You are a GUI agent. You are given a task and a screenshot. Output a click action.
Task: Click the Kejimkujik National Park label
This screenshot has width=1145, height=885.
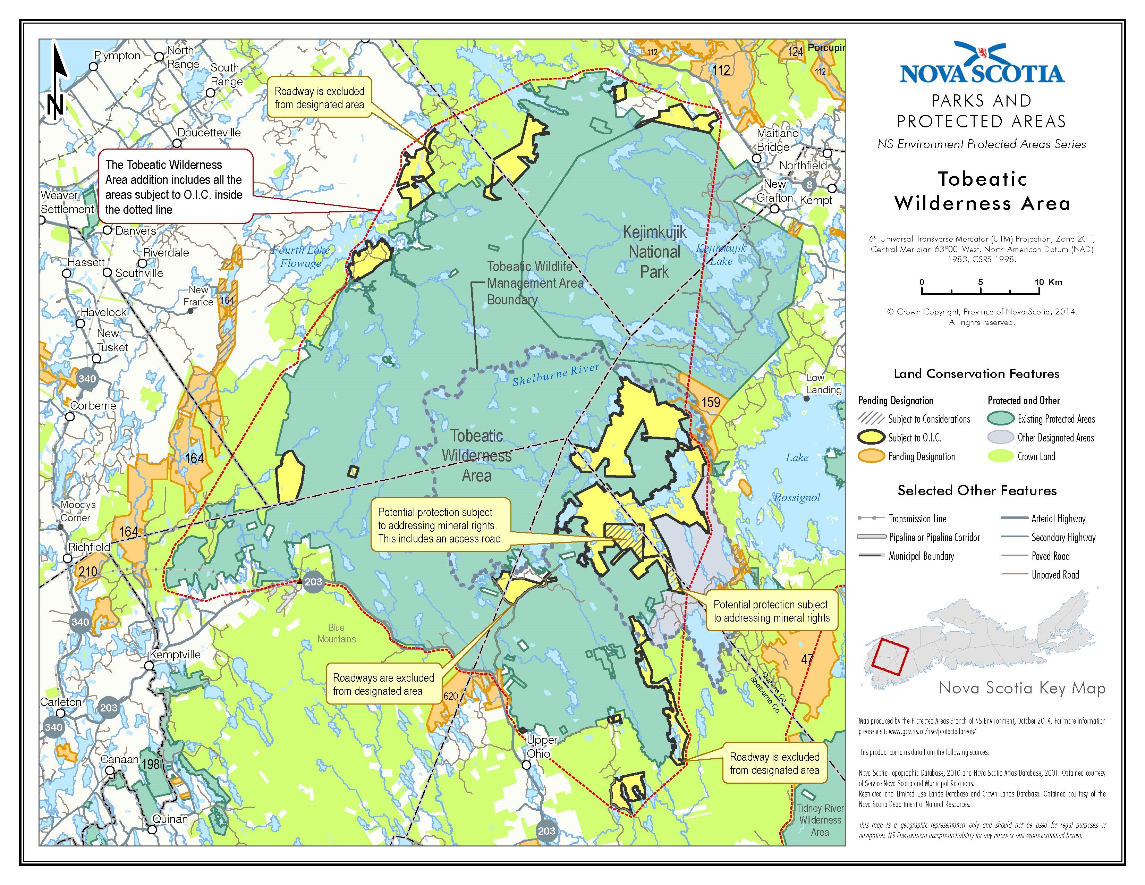[654, 252]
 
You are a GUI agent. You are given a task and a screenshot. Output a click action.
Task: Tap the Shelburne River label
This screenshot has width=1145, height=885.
[556, 374]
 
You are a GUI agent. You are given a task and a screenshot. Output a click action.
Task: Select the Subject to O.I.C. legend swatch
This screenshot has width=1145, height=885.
[871, 437]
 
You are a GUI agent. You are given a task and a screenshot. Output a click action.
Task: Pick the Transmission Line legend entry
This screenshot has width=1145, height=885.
[917, 519]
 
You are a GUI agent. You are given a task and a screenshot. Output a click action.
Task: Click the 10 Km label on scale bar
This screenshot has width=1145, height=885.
[1048, 282]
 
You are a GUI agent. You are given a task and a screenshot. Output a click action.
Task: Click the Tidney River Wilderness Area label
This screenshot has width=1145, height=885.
[820, 820]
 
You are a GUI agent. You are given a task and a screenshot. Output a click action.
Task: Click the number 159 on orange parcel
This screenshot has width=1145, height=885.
[711, 402]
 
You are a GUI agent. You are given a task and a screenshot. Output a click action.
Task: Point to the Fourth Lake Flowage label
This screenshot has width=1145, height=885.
[300, 256]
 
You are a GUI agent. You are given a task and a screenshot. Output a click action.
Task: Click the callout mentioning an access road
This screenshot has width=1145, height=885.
[440, 525]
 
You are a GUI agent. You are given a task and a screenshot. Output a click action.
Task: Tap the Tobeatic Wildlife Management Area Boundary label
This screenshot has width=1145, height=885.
[535, 283]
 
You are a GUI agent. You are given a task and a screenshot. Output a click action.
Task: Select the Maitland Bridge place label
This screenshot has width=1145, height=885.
[778, 140]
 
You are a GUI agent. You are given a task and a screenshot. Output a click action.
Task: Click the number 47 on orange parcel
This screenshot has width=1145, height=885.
[807, 659]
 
